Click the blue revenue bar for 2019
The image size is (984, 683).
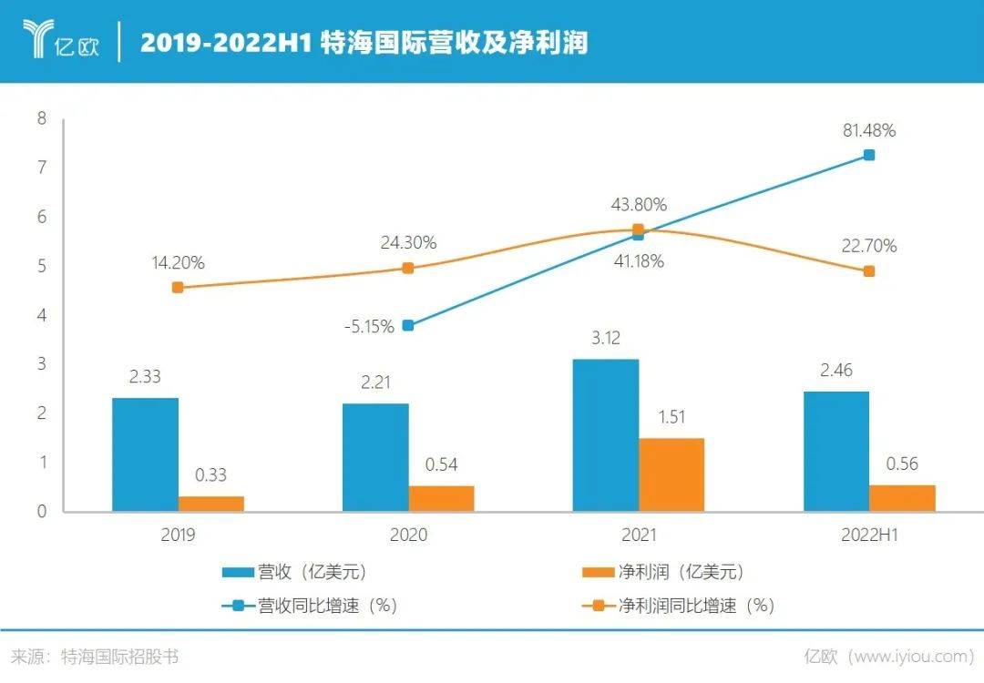pyautogui.click(x=145, y=454)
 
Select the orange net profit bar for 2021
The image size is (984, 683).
pyautogui.click(x=671, y=474)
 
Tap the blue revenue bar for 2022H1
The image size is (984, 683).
pyautogui.click(x=835, y=452)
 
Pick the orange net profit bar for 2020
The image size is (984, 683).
pyautogui.click(x=441, y=498)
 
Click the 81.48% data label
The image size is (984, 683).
pyautogui.click(x=868, y=130)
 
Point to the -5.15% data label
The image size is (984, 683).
pyautogui.click(x=369, y=326)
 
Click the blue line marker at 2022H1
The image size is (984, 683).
pyautogui.click(x=869, y=156)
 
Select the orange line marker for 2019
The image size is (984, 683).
pyautogui.click(x=178, y=288)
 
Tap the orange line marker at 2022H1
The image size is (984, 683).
pyautogui.click(x=869, y=271)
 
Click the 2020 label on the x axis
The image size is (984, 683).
pyautogui.click(x=408, y=535)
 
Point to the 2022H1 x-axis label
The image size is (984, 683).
pyautogui.click(x=868, y=535)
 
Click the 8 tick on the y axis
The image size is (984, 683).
pyautogui.click(x=41, y=118)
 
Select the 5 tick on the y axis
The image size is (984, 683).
pyautogui.click(x=41, y=266)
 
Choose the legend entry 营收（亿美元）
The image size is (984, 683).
pyautogui.click(x=301, y=572)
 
